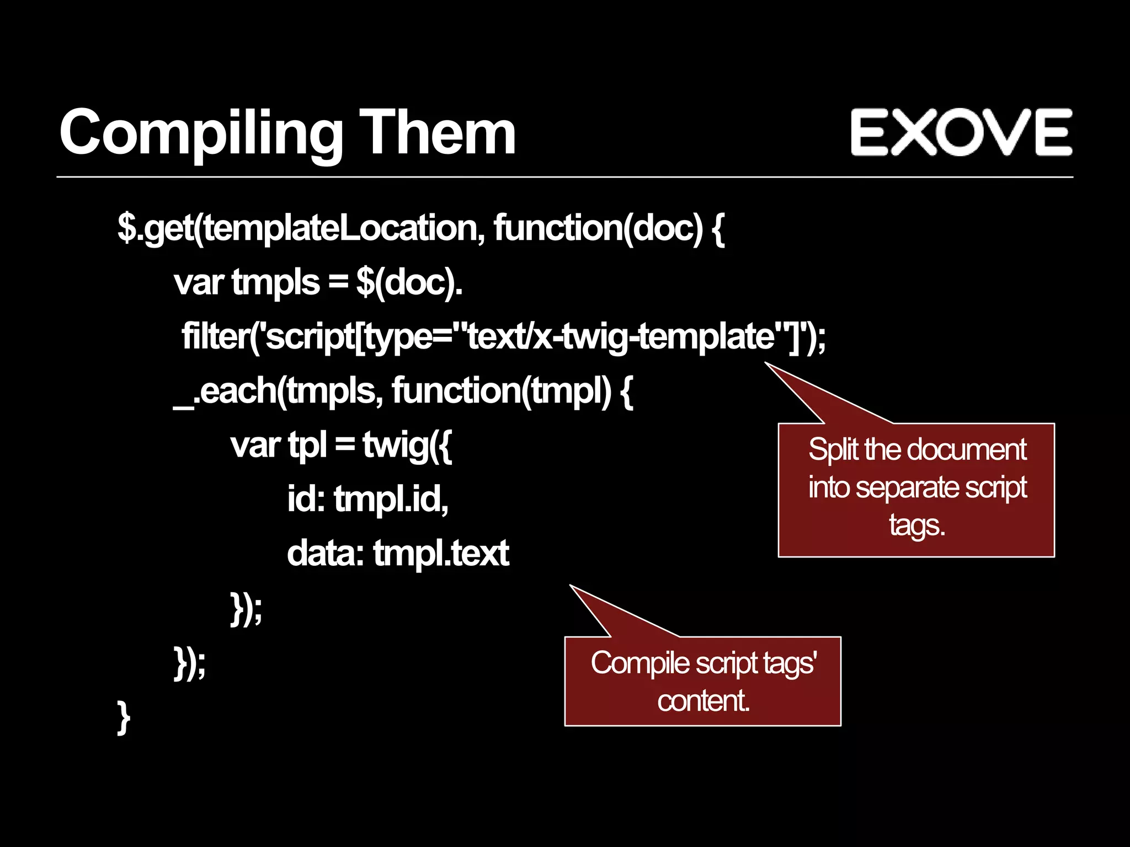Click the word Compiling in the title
201,134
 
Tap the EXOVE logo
961,132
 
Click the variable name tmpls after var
275,282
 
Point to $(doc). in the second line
409,282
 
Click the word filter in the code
215,336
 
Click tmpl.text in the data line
441,553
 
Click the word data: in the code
325,553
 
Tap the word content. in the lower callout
703,701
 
